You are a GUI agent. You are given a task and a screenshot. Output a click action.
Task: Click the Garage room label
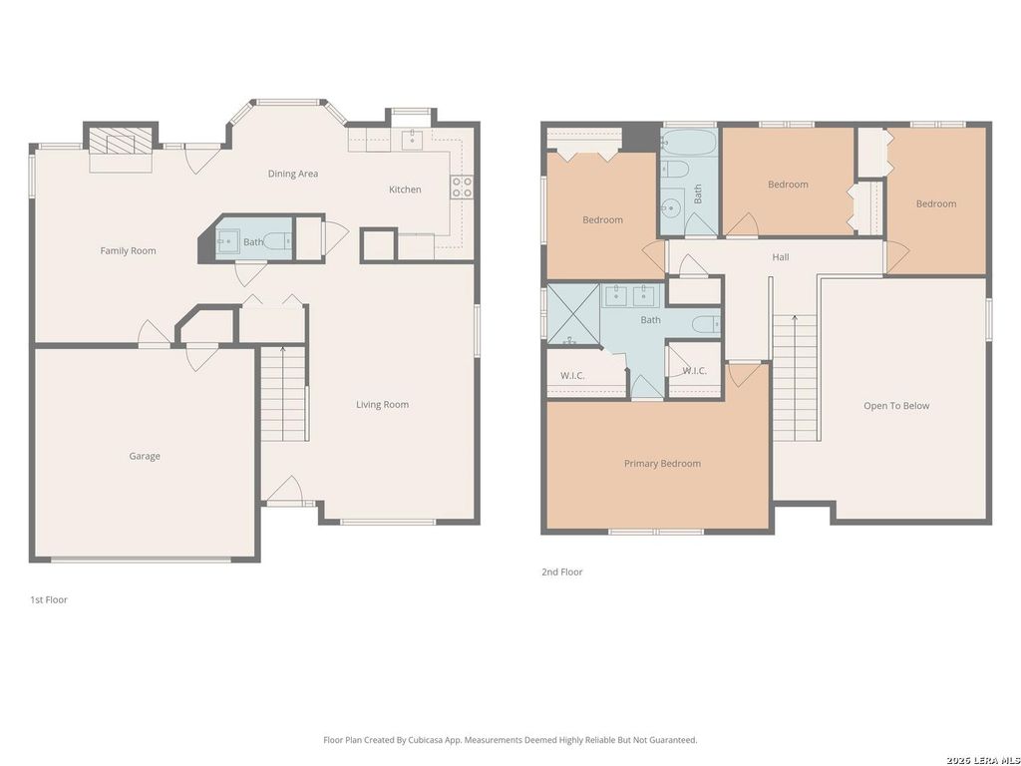pyautogui.click(x=144, y=456)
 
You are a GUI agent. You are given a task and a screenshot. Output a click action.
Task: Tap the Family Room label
pyautogui.click(x=129, y=250)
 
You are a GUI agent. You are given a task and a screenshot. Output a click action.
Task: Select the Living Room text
pyautogui.click(x=382, y=405)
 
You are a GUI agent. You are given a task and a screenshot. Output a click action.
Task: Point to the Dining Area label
pyautogui.click(x=293, y=174)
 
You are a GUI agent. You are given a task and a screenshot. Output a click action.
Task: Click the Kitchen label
pyautogui.click(x=405, y=190)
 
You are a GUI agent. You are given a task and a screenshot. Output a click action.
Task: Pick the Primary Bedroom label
pyautogui.click(x=662, y=464)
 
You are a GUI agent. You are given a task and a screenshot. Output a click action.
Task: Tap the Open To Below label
pyautogui.click(x=896, y=406)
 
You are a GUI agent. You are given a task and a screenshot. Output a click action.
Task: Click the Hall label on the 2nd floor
pyautogui.click(x=781, y=257)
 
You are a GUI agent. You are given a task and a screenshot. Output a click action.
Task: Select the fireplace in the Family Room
pyautogui.click(x=121, y=140)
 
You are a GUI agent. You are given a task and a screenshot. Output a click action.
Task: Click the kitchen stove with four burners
pyautogui.click(x=463, y=187)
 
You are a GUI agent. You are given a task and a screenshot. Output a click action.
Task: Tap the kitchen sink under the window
pyautogui.click(x=412, y=140)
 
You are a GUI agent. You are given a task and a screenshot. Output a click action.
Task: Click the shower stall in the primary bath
pyautogui.click(x=573, y=314)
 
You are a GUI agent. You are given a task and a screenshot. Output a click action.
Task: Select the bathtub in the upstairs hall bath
pyautogui.click(x=689, y=142)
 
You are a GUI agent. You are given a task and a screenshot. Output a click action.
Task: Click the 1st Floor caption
pyautogui.click(x=49, y=599)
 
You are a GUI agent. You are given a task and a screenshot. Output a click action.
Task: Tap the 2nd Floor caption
pyautogui.click(x=562, y=572)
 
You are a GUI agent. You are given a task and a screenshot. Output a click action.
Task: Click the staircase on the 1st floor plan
pyautogui.click(x=283, y=394)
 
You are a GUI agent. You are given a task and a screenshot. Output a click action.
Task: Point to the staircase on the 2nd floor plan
pyautogui.click(x=795, y=378)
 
